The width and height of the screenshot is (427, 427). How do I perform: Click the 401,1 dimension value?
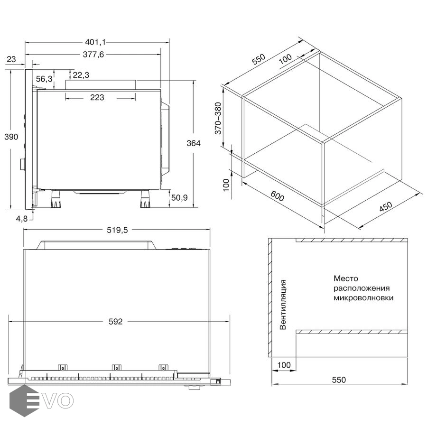tap(95, 42)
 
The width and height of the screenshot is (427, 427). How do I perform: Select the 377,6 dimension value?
tap(93, 55)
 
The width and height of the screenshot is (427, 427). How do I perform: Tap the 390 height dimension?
tap(11, 137)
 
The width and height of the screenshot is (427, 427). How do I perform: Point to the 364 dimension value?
tap(194, 143)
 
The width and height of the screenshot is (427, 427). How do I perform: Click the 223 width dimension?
tap(97, 97)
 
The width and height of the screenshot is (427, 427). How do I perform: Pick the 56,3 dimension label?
tap(44, 79)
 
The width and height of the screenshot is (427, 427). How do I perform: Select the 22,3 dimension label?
tap(81, 75)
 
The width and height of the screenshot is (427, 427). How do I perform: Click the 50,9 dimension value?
tap(179, 198)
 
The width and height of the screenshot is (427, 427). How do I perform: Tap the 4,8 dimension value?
tap(22, 218)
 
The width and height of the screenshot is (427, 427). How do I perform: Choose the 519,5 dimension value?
tap(117, 230)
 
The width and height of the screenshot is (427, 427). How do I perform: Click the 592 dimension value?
tap(115, 322)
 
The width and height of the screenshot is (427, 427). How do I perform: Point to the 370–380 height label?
tap(218, 119)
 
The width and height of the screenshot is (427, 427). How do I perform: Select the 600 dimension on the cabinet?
tap(277, 195)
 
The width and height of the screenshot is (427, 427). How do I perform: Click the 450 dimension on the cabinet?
tap(386, 207)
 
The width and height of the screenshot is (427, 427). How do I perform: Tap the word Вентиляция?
tap(283, 305)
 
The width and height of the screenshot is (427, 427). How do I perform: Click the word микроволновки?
tap(363, 297)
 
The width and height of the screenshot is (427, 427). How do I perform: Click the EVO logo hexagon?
tap(24, 400)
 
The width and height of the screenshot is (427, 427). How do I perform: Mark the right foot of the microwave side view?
tap(146, 199)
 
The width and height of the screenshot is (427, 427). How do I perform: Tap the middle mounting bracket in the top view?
tap(117, 367)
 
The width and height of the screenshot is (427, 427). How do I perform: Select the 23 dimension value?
tap(11, 59)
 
